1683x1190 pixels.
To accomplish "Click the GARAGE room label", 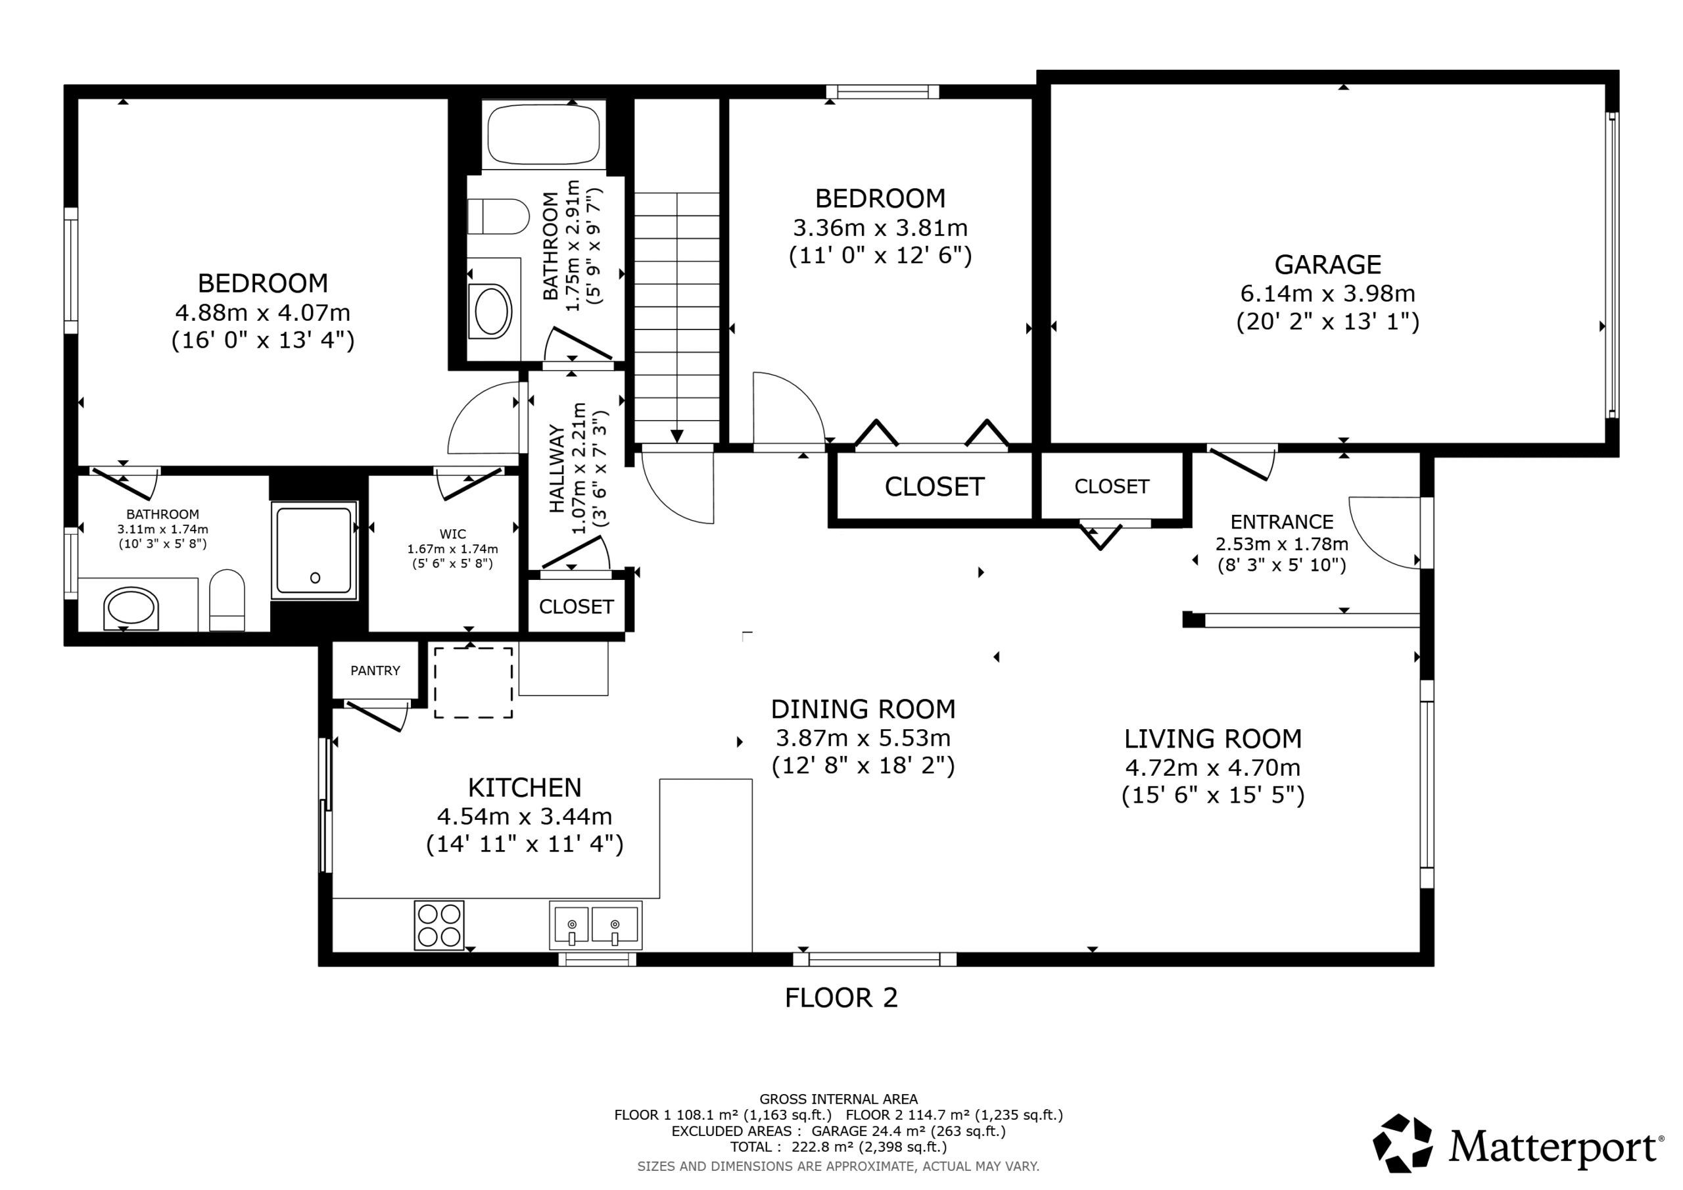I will (1327, 264).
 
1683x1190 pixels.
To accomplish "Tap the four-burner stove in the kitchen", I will (439, 924).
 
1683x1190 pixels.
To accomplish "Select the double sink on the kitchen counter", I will (595, 925).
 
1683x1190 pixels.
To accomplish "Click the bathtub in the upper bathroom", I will (544, 133).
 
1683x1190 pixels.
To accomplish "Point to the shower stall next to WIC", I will (314, 550).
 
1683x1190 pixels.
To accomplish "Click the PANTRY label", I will (375, 671).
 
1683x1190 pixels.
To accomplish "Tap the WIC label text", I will (452, 535).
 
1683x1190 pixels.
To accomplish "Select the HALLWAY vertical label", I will (557, 469).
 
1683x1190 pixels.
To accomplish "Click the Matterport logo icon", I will (1402, 1143).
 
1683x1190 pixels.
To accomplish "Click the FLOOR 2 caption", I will (841, 998).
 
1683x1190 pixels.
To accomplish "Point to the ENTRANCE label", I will (1281, 522).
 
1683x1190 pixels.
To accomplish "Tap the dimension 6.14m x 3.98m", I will (1327, 293).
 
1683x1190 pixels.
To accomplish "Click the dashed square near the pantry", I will (473, 682).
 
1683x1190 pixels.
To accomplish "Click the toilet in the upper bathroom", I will (498, 216).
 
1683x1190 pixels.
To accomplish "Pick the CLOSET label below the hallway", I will (576, 606).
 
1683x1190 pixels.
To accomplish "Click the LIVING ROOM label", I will (1213, 738).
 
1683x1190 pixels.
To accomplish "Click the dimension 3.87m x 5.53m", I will (863, 738).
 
